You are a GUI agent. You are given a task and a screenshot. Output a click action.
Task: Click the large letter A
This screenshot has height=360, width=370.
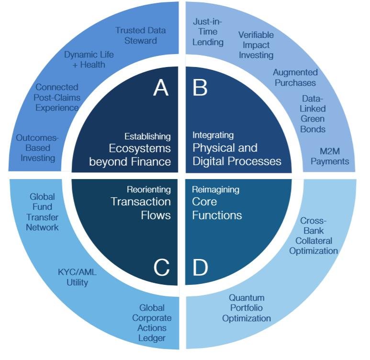(161, 88)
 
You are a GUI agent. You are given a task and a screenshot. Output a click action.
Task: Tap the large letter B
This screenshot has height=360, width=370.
(201, 88)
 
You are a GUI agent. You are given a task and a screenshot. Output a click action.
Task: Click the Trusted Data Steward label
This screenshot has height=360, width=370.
(140, 35)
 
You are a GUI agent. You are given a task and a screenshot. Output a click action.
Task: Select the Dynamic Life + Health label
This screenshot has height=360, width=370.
(89, 59)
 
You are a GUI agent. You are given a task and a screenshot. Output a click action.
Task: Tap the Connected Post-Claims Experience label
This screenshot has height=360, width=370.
(57, 97)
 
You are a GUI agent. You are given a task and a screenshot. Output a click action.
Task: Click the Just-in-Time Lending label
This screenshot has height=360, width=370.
(208, 32)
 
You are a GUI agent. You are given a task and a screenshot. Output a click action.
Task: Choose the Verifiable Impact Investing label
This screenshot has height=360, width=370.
(256, 45)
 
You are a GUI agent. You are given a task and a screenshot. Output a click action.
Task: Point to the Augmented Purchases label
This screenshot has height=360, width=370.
(295, 78)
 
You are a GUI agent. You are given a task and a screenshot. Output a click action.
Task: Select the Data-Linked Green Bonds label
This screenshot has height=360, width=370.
(313, 113)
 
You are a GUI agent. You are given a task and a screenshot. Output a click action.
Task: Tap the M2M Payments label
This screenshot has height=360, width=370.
(330, 156)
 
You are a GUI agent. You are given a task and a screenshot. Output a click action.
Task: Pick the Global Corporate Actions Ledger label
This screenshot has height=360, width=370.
(152, 323)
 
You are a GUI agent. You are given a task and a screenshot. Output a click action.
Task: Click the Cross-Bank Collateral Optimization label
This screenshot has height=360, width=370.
(313, 236)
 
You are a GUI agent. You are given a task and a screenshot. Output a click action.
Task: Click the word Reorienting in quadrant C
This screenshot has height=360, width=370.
(148, 190)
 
